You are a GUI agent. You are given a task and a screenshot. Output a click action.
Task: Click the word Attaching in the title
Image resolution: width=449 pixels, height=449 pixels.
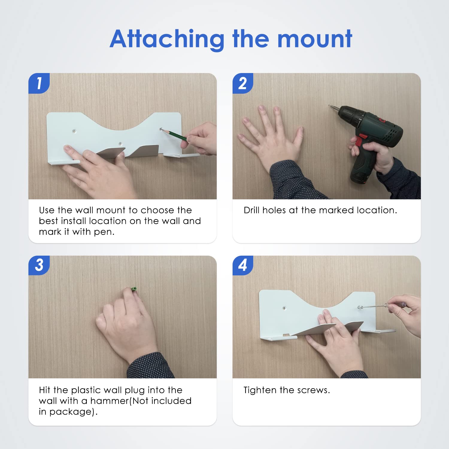click(167, 39)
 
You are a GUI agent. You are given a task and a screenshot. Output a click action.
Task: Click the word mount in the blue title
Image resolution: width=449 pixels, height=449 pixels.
click(315, 39)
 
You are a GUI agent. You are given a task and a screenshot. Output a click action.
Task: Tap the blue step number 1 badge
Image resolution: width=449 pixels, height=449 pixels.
click(39, 83)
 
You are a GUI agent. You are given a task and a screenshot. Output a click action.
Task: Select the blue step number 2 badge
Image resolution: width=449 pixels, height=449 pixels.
click(243, 83)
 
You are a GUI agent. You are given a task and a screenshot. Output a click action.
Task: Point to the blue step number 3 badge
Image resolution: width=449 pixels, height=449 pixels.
click(39, 265)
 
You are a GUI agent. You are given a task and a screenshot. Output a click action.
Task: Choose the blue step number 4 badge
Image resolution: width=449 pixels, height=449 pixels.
click(243, 265)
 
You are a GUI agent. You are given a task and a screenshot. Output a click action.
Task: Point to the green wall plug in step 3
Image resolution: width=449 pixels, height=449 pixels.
click(134, 289)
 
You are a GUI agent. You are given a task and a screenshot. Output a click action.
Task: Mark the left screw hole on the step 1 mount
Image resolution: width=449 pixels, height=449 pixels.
click(74, 131)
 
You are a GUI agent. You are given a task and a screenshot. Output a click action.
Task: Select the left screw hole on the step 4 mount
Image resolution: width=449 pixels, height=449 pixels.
click(284, 307)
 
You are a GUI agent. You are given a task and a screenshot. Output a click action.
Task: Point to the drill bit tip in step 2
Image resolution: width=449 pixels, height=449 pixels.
click(329, 105)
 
